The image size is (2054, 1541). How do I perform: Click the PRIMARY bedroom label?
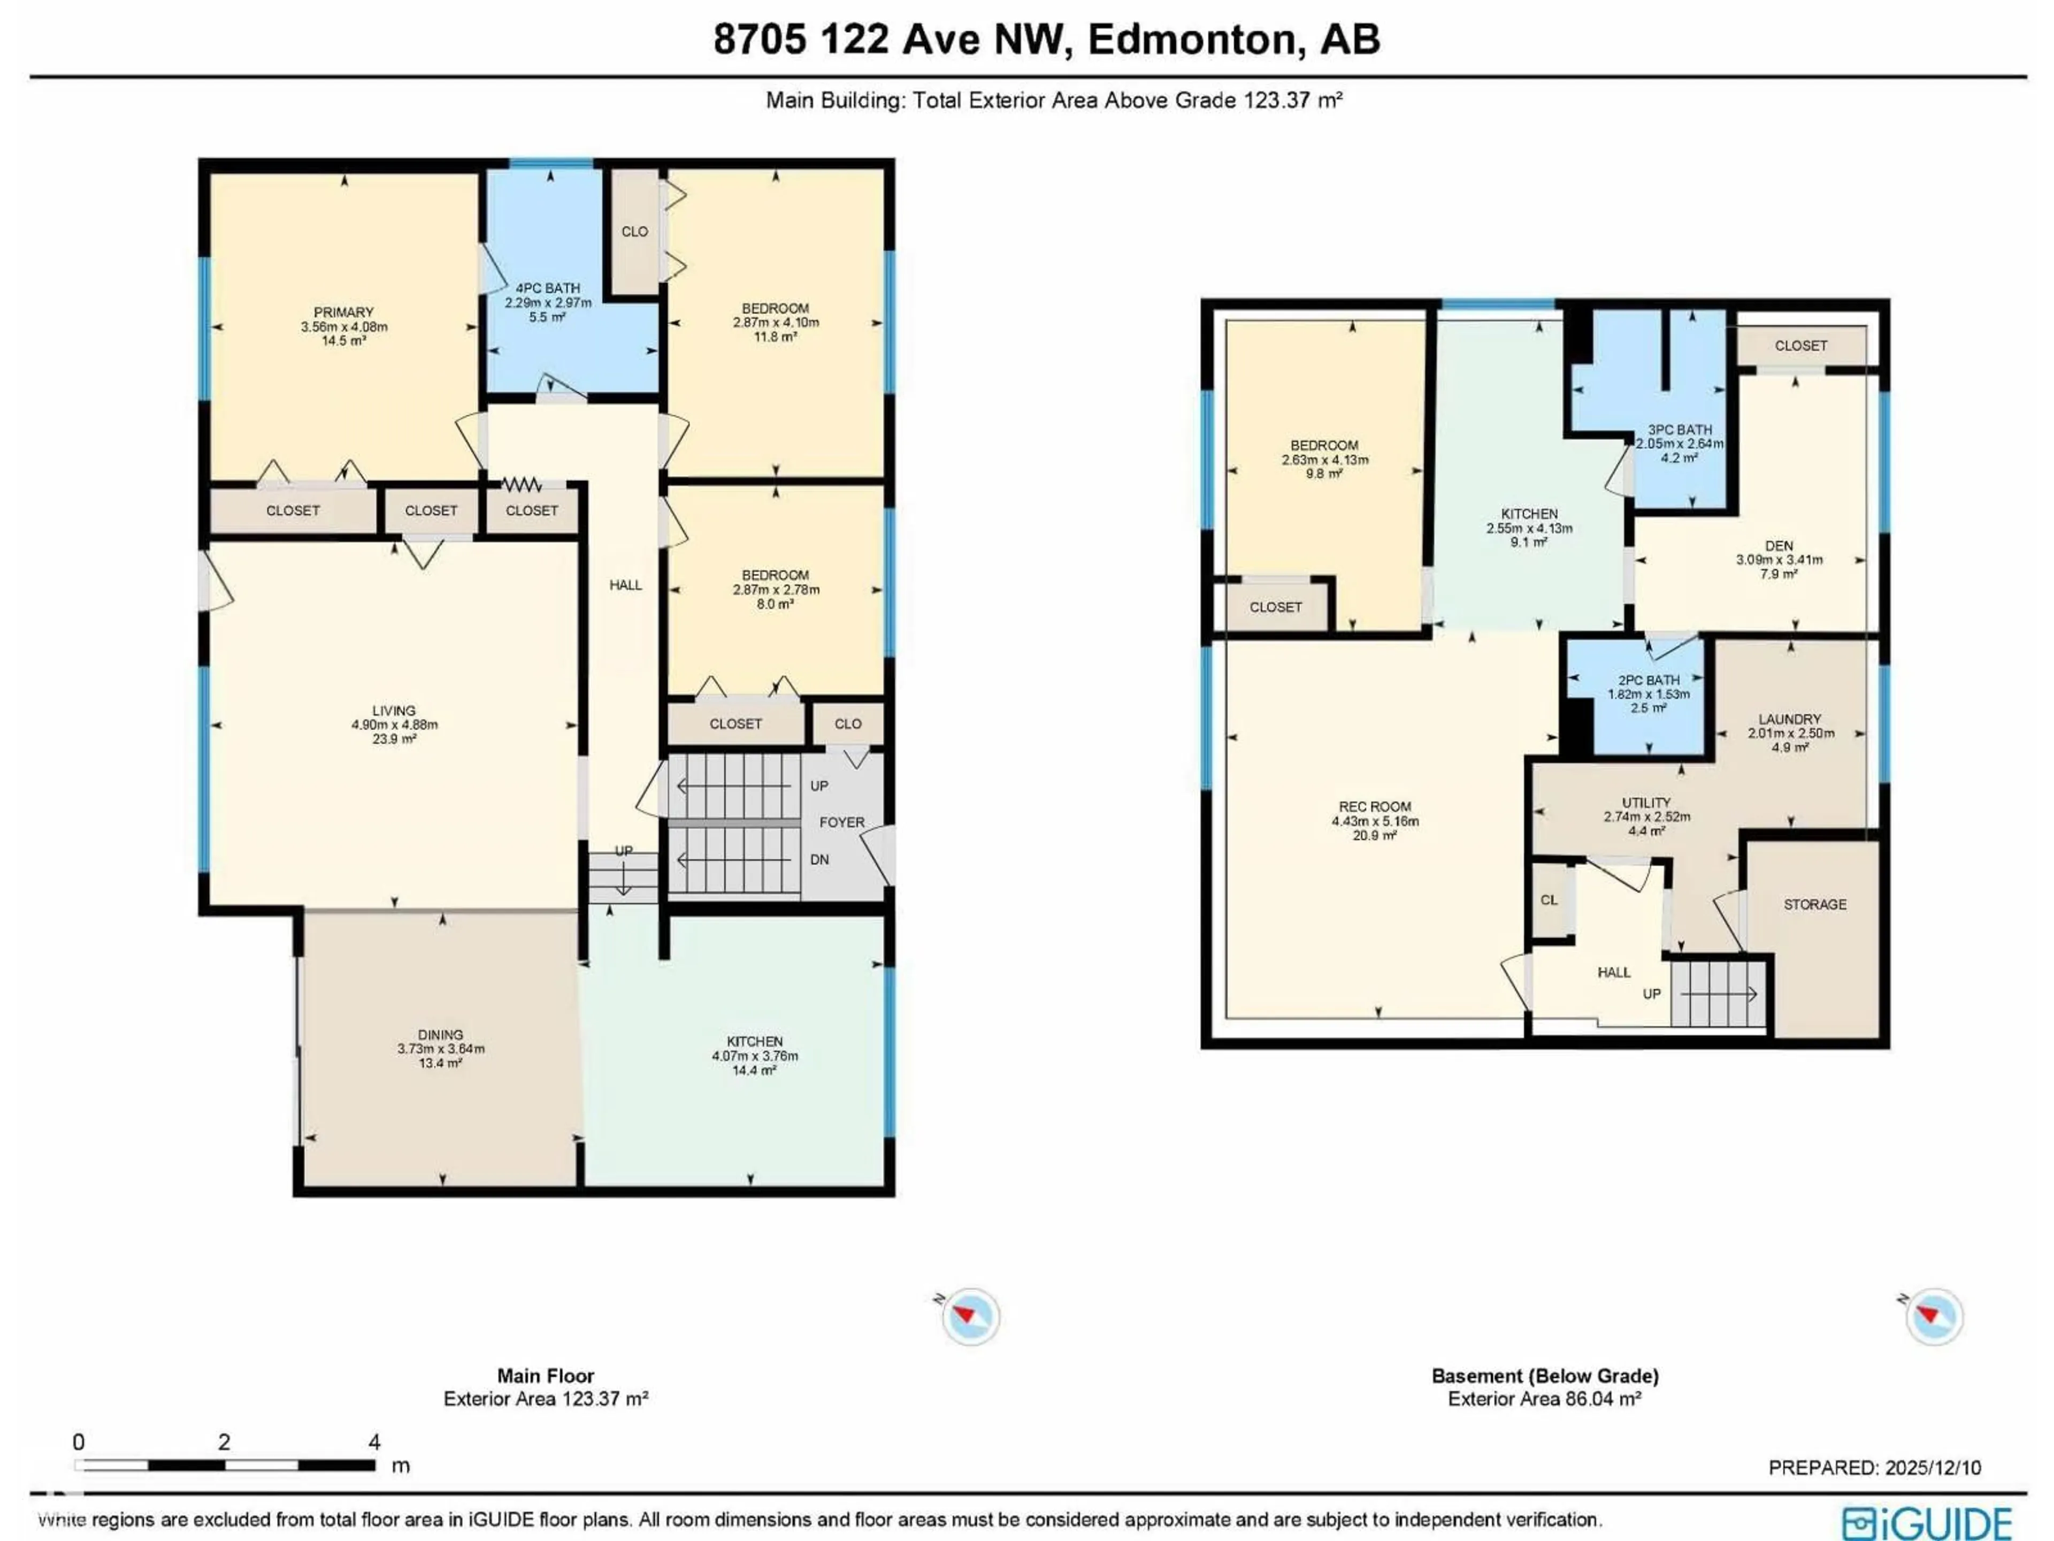(343, 312)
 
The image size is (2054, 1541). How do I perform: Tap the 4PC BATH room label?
(548, 288)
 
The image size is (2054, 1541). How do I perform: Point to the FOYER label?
(841, 822)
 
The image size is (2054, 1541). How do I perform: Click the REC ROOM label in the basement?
(1374, 806)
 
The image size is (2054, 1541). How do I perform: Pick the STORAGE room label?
(1814, 904)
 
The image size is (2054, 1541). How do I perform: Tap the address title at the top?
(1046, 39)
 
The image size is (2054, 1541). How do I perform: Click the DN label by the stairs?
(819, 859)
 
